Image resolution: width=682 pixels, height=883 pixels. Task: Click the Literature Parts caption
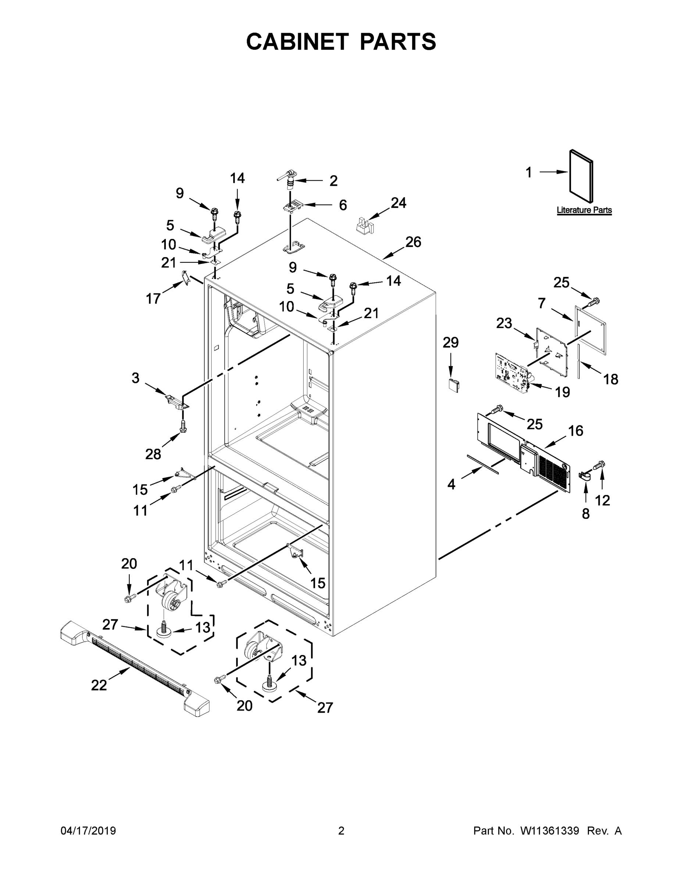pyautogui.click(x=584, y=210)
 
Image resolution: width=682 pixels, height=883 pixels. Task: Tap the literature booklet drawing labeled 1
pyautogui.click(x=581, y=176)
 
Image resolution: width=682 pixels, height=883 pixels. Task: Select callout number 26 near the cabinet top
pyautogui.click(x=413, y=242)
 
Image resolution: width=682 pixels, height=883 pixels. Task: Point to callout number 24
pyautogui.click(x=399, y=203)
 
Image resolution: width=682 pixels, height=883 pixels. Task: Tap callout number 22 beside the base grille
pyautogui.click(x=99, y=685)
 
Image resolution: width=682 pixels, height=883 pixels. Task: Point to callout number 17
pyautogui.click(x=153, y=299)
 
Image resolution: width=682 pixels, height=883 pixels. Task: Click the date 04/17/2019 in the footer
pyautogui.click(x=88, y=831)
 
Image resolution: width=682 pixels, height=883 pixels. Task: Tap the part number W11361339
pyautogui.click(x=550, y=831)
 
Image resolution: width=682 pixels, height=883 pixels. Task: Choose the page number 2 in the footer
pyautogui.click(x=341, y=831)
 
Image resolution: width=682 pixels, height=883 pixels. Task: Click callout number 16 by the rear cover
pyautogui.click(x=576, y=431)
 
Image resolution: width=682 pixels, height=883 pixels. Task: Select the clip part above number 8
pyautogui.click(x=585, y=477)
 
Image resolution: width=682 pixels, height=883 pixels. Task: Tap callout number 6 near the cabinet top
pyautogui.click(x=343, y=205)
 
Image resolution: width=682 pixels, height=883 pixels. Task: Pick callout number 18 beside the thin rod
pyautogui.click(x=610, y=379)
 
